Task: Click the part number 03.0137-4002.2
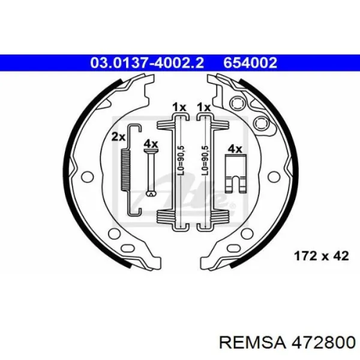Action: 147,62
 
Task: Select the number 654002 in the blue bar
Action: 250,62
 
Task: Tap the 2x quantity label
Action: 118,137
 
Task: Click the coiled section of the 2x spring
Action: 125,170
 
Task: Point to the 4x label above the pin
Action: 151,144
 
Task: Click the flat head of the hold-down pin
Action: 151,151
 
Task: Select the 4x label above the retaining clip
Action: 235,149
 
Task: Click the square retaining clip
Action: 236,173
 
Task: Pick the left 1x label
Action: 179,107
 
